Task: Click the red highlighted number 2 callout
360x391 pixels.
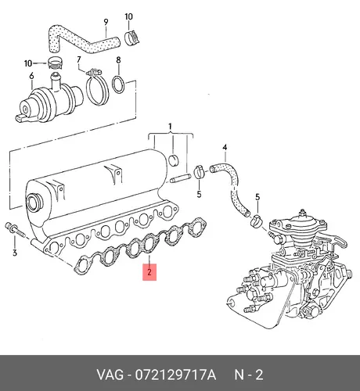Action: point(149,272)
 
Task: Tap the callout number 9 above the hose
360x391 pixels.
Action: point(106,22)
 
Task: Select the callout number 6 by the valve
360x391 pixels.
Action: point(31,76)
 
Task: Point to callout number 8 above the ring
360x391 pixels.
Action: point(118,60)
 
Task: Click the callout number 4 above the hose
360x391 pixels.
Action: point(225,148)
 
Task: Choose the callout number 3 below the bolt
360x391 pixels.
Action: point(15,253)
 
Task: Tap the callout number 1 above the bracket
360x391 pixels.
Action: point(170,127)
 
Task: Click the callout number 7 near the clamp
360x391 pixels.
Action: point(79,59)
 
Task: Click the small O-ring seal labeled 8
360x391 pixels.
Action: point(118,84)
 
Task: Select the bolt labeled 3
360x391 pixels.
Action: point(15,231)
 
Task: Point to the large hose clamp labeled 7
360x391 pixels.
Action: point(97,88)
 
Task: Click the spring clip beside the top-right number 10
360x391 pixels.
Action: point(131,38)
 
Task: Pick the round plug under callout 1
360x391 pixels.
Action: point(173,160)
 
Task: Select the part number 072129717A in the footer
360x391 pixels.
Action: point(175,375)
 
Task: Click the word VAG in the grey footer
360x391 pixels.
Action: point(110,375)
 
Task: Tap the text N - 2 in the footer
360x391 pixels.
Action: point(249,375)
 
